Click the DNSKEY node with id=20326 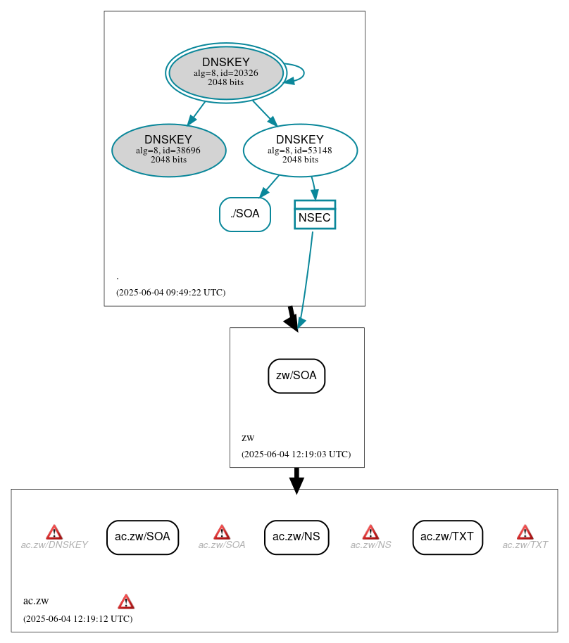point(226,72)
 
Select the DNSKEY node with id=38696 point(169,150)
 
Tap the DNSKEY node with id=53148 point(300,150)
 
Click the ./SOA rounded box point(245,214)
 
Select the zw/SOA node point(296,376)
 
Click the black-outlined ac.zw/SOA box point(142,537)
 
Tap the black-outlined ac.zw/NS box point(296,537)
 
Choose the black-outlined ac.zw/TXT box point(447,537)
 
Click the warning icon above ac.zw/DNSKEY point(54,532)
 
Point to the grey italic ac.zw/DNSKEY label point(54,545)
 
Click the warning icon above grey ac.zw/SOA point(222,532)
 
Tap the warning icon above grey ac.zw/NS point(371,532)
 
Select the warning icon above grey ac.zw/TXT point(525,532)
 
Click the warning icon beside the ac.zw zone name point(126,601)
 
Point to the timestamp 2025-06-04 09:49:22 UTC point(171,293)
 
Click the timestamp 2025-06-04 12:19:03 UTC point(296,454)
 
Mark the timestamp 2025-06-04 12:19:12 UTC point(78,619)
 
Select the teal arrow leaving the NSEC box point(307,278)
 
